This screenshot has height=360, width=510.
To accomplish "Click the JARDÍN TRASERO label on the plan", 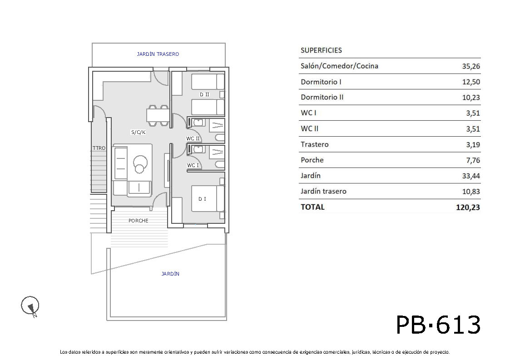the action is [x=158, y=54].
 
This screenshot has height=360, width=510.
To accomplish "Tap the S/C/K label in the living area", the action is [x=138, y=132].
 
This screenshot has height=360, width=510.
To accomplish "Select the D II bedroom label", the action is [x=204, y=94].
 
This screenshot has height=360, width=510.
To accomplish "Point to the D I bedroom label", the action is [x=202, y=199].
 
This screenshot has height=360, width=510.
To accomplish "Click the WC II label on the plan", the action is [x=193, y=138].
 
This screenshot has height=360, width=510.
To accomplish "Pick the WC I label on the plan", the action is [x=193, y=165].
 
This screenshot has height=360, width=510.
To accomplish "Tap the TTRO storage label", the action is [x=99, y=148].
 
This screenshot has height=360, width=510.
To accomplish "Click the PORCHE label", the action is [x=138, y=221].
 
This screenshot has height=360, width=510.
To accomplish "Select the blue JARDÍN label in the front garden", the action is [x=170, y=274].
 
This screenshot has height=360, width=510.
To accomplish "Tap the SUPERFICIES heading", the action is [x=321, y=50].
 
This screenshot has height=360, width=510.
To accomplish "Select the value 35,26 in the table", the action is [x=471, y=66].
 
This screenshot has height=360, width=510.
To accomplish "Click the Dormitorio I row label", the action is [x=321, y=82].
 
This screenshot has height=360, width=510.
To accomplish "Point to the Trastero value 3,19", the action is [x=473, y=145].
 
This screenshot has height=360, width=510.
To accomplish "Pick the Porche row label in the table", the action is [x=312, y=160].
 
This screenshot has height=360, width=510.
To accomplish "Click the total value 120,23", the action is [x=468, y=207].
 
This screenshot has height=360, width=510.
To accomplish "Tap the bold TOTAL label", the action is [x=312, y=207].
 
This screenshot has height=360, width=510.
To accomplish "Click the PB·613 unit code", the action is [x=438, y=325].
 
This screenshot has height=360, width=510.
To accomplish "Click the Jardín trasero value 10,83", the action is [x=471, y=192].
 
